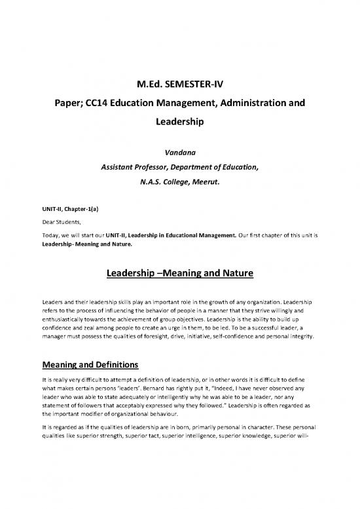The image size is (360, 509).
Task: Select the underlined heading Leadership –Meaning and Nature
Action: tap(179, 273)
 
